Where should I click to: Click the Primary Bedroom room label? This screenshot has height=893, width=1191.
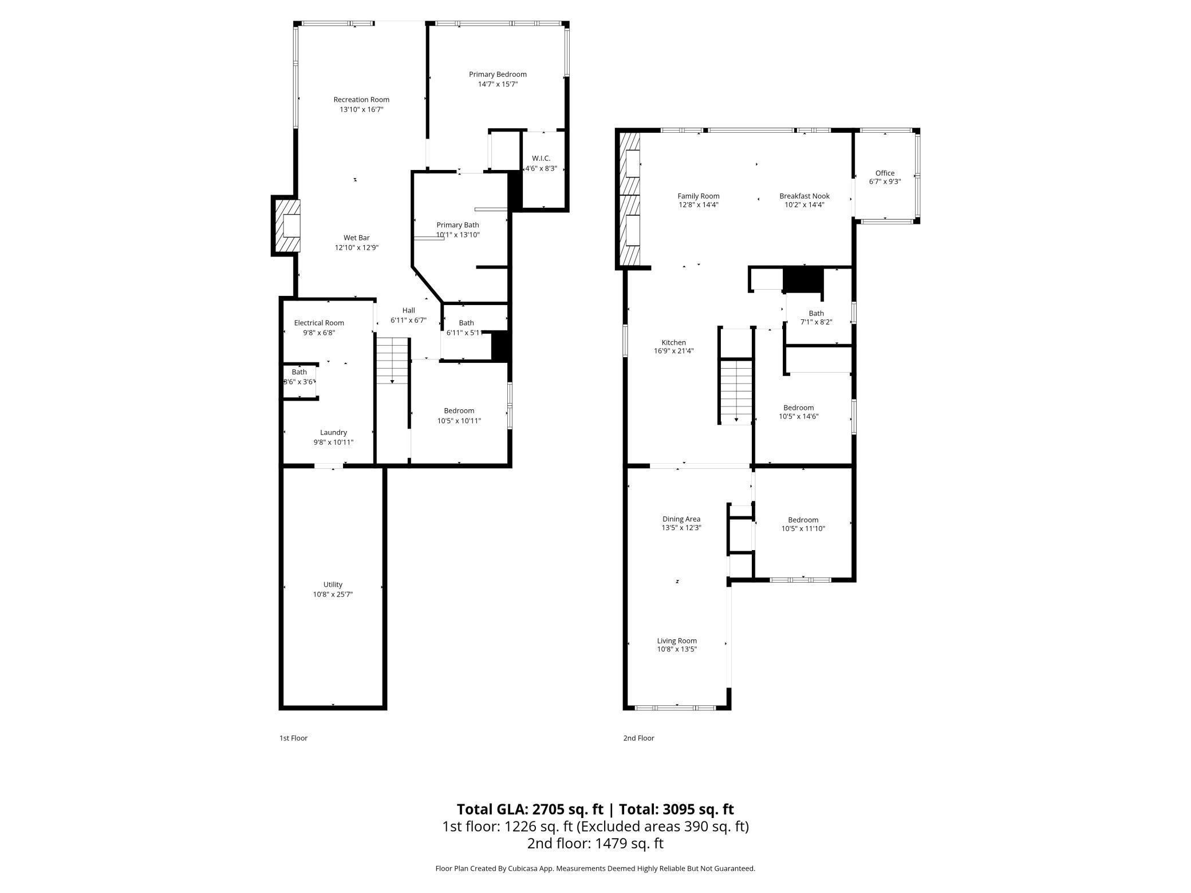click(497, 74)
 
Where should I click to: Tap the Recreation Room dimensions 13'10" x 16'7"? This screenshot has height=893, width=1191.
click(361, 109)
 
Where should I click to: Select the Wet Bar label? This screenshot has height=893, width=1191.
click(356, 238)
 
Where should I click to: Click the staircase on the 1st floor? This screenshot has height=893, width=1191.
click(392, 361)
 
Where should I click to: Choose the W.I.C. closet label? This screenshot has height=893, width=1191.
click(541, 159)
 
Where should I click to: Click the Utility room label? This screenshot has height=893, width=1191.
click(333, 584)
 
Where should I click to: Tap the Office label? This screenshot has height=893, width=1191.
click(884, 173)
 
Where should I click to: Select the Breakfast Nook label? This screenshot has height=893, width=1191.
click(804, 196)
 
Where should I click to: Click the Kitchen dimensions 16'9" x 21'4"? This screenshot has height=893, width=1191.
click(673, 351)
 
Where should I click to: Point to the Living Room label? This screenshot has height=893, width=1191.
click(676, 641)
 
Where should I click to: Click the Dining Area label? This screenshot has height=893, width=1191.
click(681, 519)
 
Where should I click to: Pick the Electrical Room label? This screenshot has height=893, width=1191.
click(319, 323)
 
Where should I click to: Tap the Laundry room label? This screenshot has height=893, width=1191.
click(333, 433)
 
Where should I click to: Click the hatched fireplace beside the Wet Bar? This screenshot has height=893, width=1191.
click(286, 226)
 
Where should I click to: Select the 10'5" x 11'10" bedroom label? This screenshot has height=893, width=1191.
click(803, 520)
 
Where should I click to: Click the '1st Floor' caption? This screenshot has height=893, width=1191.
click(293, 738)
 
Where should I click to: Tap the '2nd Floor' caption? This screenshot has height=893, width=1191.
click(638, 738)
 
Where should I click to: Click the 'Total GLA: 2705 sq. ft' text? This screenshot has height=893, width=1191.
click(530, 809)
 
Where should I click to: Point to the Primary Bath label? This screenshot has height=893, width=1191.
click(457, 225)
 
